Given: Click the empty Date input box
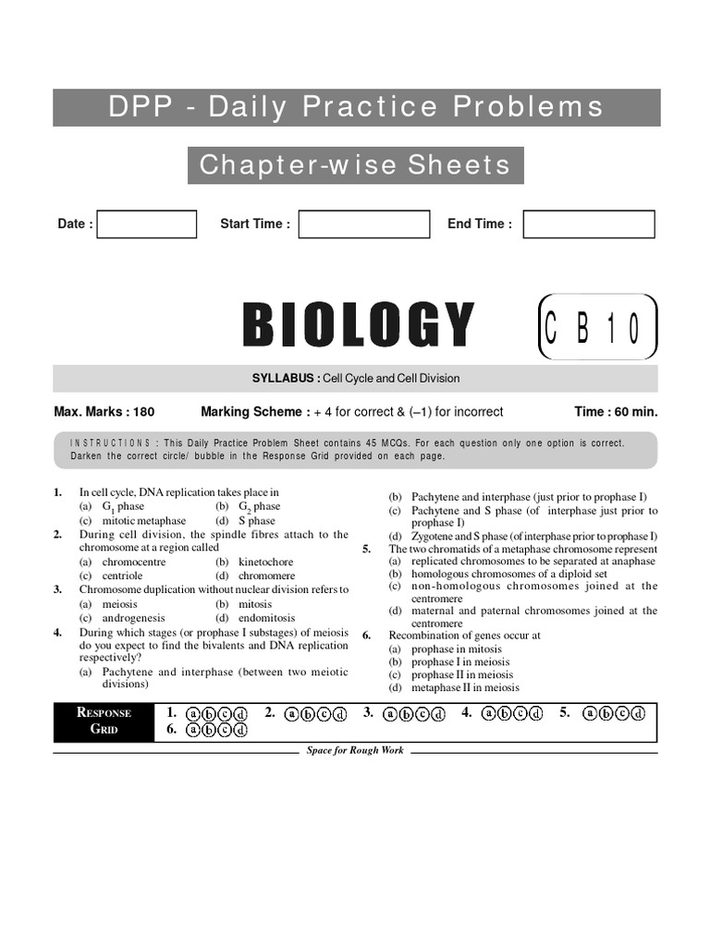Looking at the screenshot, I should click(147, 224).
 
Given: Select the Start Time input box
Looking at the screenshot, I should click(363, 224).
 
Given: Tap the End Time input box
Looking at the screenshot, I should click(588, 224).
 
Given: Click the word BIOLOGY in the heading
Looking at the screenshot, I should click(358, 325).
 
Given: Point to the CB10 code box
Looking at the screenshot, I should click(598, 326).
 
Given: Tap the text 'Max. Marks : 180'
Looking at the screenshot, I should click(104, 412).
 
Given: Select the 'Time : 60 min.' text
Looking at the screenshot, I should click(616, 412).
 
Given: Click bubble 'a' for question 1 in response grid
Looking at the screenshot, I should click(193, 714).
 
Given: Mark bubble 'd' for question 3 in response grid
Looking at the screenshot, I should click(439, 714).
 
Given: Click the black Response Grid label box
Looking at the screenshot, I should click(104, 721).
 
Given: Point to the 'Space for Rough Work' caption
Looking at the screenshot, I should click(355, 750).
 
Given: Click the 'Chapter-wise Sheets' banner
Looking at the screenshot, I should click(355, 165).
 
